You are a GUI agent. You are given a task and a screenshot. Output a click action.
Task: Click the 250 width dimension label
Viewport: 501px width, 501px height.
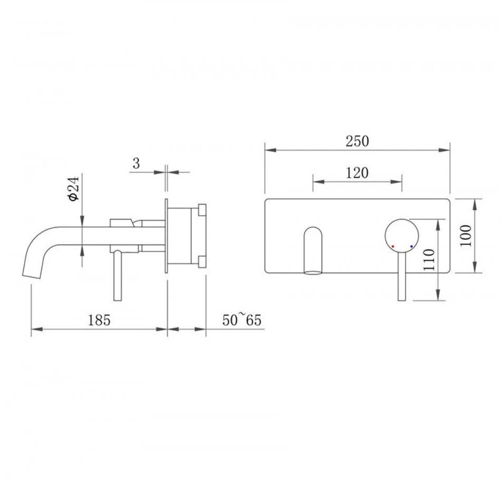coord(357,141)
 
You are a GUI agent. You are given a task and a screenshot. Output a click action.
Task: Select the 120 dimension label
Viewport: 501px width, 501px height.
coord(357,173)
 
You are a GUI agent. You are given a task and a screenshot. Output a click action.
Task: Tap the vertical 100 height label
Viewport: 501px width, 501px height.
coord(466,236)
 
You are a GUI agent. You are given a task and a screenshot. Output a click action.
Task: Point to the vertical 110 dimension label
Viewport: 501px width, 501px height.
coord(429,260)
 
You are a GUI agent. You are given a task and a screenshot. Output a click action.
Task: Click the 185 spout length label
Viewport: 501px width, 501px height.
coord(99,320)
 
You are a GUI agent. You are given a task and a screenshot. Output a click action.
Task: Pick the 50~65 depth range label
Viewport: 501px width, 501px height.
coord(242,320)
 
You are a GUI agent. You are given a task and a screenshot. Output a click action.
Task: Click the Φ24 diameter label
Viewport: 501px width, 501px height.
coord(73,188)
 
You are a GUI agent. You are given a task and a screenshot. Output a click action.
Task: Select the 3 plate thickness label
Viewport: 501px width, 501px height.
coord(137,163)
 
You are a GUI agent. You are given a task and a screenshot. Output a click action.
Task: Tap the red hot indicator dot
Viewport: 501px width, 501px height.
coord(393,247)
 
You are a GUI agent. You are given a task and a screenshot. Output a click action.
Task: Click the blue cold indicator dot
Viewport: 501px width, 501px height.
coord(411,247)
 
